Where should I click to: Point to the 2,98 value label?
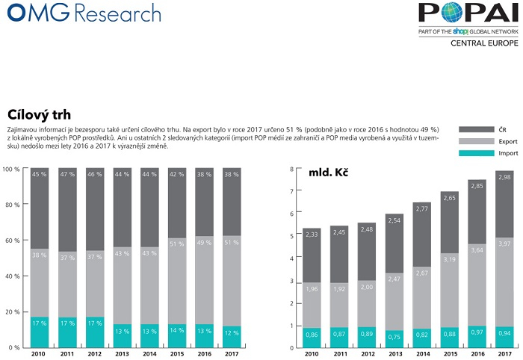click(504, 177)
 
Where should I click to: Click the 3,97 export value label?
click(504, 243)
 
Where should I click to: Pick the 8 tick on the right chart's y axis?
click(291, 170)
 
